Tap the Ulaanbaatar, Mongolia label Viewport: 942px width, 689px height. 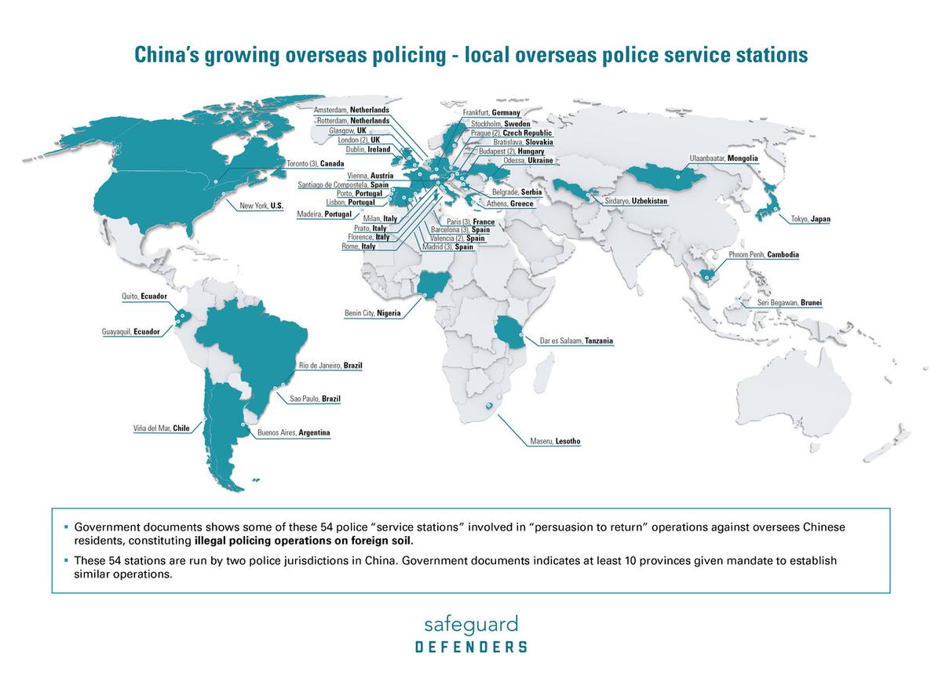723,159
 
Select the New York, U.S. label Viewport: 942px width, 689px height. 261,206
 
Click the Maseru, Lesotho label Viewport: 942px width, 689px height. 555,442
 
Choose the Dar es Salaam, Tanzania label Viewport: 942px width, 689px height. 575,341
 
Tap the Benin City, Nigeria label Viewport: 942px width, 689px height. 373,313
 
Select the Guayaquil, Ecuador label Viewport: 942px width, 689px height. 130,332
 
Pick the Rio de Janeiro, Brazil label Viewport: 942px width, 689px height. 330,366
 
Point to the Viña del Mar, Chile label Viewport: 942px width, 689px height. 161,428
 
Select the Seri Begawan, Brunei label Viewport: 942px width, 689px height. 790,303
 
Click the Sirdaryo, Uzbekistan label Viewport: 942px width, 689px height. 636,202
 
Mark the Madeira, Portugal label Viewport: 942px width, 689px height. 323,214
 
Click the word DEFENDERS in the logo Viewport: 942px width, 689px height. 471,647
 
